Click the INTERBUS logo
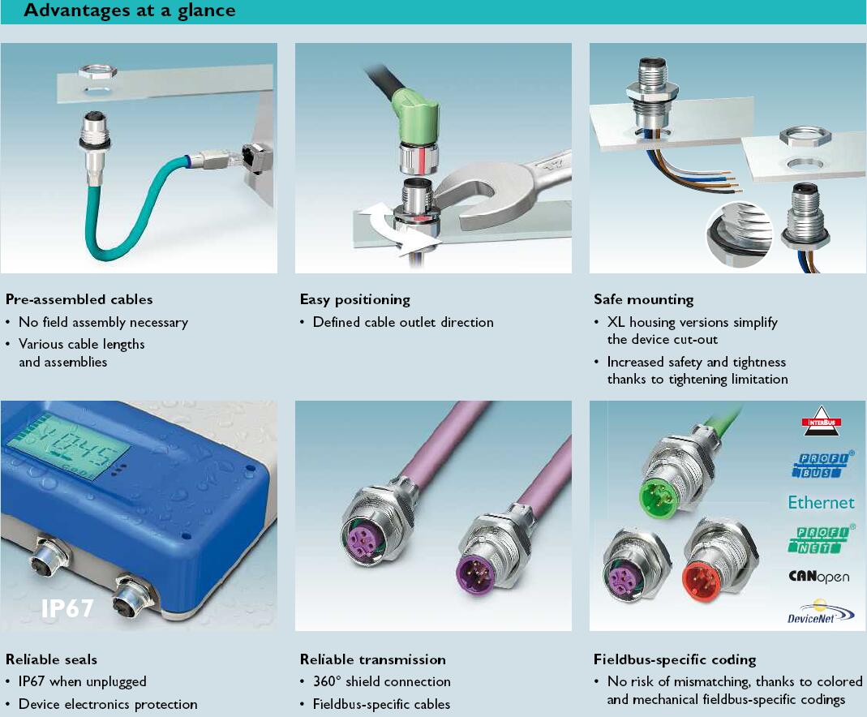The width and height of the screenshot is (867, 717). point(821,421)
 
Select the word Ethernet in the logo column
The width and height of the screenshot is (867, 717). point(821,503)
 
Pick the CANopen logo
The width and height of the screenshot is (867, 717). point(819,577)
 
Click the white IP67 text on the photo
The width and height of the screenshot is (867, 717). point(67,608)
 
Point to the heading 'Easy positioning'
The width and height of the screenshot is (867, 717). point(355,299)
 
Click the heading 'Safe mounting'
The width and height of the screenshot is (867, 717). point(644,299)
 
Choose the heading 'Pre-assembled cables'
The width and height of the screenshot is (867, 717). point(79,299)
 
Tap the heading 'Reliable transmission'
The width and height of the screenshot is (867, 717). point(373,659)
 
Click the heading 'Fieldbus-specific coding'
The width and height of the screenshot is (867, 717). point(675,659)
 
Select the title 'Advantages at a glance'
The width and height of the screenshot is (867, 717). point(130,11)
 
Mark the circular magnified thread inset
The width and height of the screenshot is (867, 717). point(739,234)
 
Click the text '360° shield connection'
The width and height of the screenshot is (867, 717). point(381,681)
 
